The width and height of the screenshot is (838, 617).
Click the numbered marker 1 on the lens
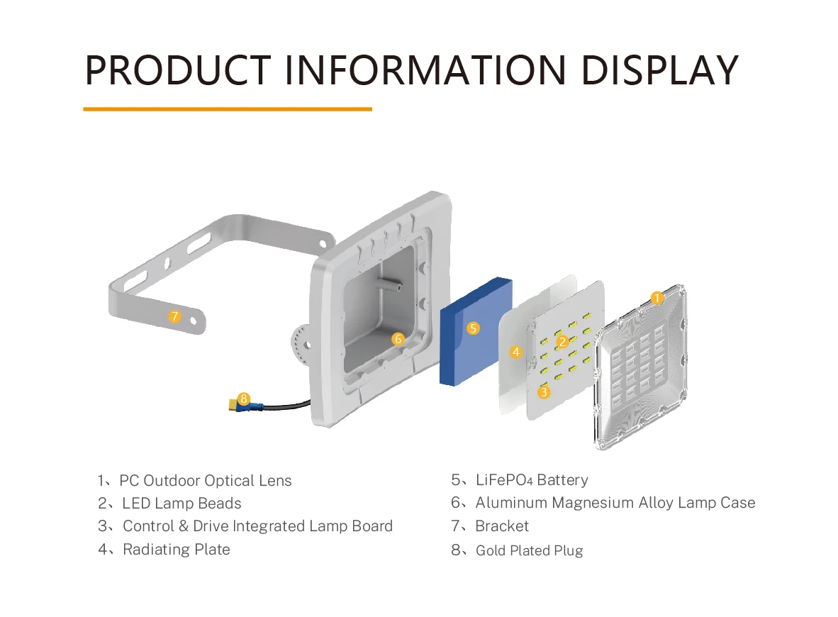pos(657,298)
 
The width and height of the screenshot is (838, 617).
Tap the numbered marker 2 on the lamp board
pos(563,342)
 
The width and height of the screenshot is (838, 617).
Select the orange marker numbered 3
pos(544,391)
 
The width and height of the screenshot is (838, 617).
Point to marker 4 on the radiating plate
pos(516,351)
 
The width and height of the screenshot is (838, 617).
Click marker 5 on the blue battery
pos(474,328)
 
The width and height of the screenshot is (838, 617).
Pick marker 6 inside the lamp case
pos(398,339)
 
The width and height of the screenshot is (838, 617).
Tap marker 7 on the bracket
pos(175,316)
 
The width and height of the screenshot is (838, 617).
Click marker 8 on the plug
pos(244,399)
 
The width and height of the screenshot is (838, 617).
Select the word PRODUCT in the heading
pos(178,70)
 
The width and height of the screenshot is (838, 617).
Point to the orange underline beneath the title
pos(228,109)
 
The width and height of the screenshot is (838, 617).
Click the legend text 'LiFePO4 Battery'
pos(531,480)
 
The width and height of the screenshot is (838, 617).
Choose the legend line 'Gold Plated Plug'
pos(529,550)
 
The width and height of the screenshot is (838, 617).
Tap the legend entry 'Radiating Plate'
pos(176,549)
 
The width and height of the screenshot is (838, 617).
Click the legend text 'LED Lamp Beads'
pos(181,504)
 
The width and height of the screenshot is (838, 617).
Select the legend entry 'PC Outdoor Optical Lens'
pos(205,480)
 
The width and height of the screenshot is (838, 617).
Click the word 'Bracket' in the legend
pos(502,526)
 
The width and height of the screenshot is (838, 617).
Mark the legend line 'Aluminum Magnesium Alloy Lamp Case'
pos(615,503)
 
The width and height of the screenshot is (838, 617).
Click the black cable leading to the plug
pos(291,406)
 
